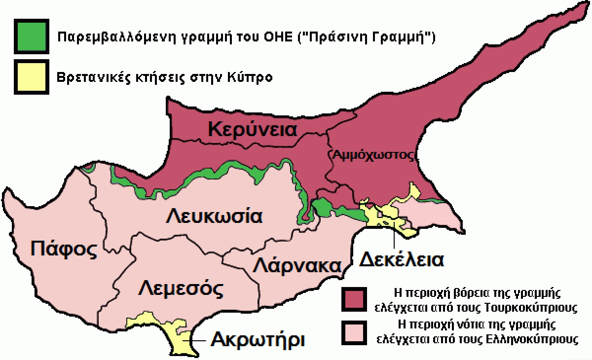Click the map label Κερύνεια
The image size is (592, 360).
click(x=253, y=130)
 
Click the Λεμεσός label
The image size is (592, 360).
click(x=180, y=288)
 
